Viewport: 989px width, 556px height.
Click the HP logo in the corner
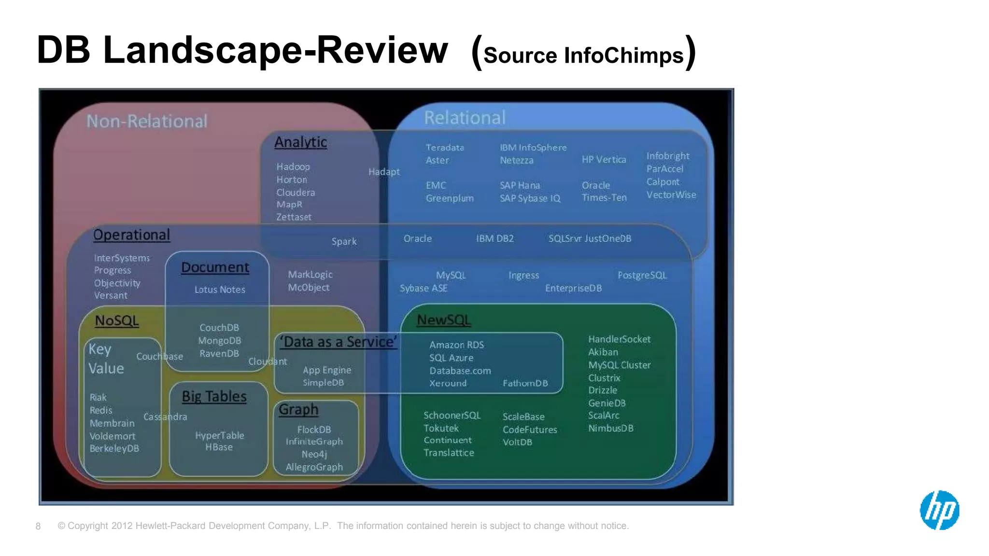[x=939, y=510]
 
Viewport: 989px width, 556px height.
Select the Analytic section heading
[x=300, y=142]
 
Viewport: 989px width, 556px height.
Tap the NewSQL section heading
[x=443, y=320]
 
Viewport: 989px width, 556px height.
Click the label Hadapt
[x=384, y=172]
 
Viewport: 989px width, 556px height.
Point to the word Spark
[x=344, y=241]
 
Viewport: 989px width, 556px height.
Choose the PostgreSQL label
[x=642, y=275]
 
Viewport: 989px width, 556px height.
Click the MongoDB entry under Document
[x=219, y=341]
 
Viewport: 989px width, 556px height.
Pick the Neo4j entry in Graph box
[x=314, y=454]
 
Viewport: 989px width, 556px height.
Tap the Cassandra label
[x=165, y=417]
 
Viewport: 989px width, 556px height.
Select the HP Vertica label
[x=604, y=160]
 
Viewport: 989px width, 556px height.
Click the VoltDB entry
[x=517, y=442]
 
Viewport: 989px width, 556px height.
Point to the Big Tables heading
[x=214, y=396]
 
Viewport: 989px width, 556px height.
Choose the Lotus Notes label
[x=220, y=290]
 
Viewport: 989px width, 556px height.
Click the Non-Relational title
[x=147, y=121]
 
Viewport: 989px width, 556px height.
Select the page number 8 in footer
[x=38, y=526]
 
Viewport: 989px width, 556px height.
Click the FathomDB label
[x=525, y=383]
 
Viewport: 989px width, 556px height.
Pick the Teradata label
[x=444, y=148]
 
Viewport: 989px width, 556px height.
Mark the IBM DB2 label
[x=494, y=238]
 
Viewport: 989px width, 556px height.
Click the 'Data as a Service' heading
[x=339, y=342]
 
